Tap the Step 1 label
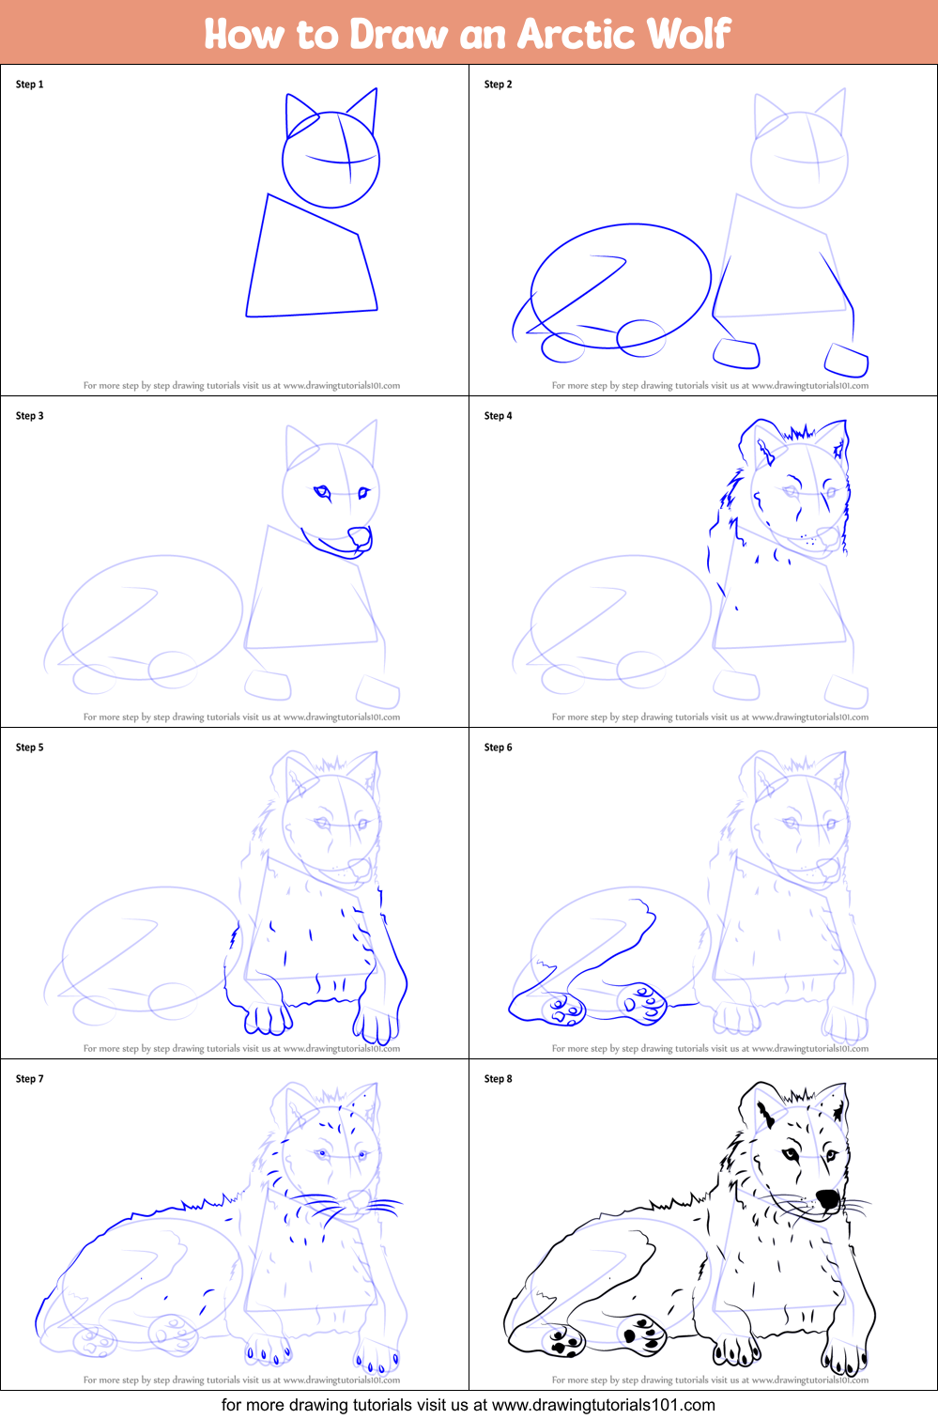[x=29, y=85]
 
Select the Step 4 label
[x=498, y=416]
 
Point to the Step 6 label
[x=498, y=748]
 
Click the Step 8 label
[x=498, y=1079]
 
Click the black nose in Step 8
[x=827, y=1199]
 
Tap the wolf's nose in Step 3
[x=360, y=537]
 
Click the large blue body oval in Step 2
[x=620, y=282]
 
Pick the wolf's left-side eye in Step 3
[x=323, y=491]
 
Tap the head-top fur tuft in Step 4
[x=799, y=433]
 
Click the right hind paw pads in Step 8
[x=643, y=1334]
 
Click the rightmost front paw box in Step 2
[x=846, y=360]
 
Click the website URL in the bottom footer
[x=603, y=1405]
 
